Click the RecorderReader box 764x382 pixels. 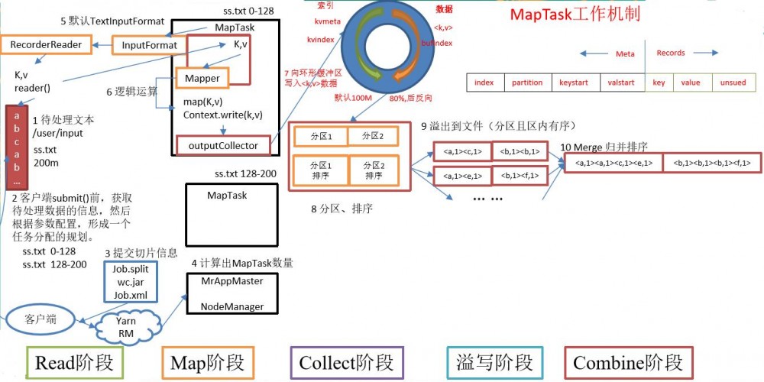point(46,45)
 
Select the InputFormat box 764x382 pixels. point(150,46)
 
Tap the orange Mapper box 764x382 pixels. point(202,78)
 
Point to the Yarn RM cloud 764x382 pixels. point(127,328)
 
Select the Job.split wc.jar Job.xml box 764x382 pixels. point(131,282)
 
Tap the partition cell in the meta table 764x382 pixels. point(527,83)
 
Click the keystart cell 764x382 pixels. point(575,83)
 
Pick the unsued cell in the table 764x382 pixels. point(733,83)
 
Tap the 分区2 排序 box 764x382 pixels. point(374,170)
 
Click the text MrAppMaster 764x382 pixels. point(231,281)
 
